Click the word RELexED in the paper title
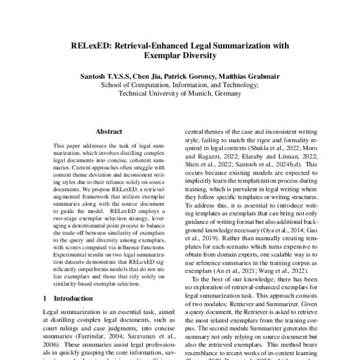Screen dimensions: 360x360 click(90, 45)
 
